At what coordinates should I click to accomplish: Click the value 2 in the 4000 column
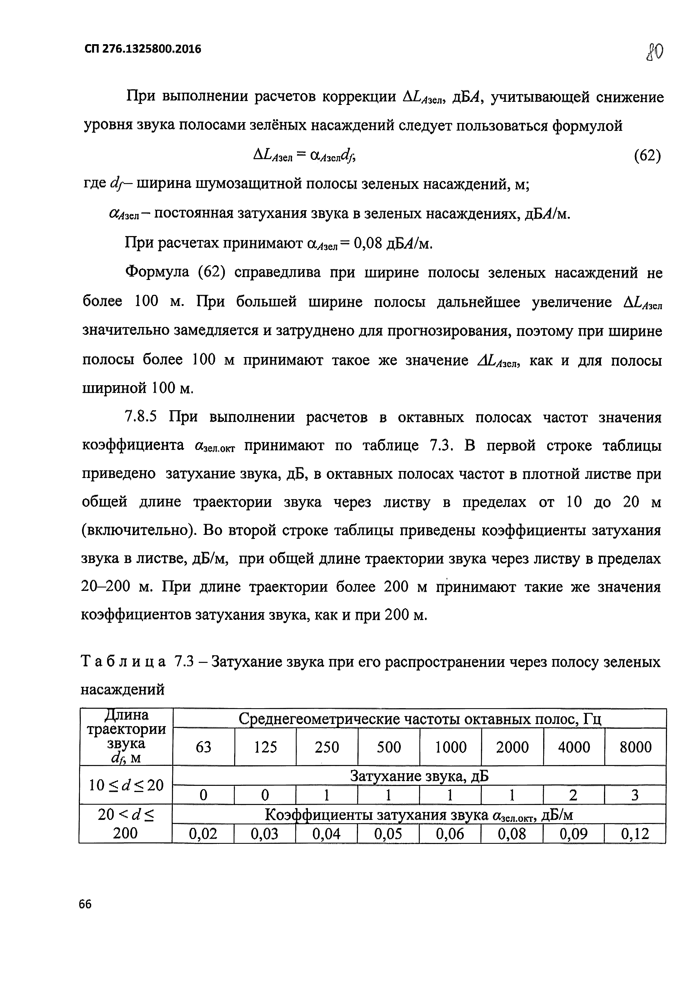[x=573, y=795]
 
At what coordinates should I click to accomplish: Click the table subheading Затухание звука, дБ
[x=419, y=776]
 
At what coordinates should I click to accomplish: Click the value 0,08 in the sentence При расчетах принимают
[x=368, y=244]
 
